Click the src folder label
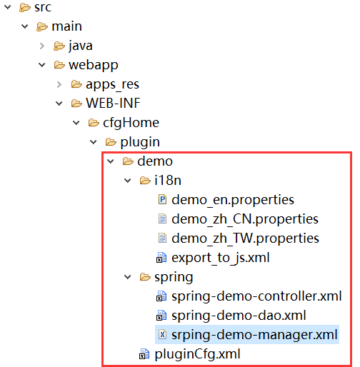coord(43,7)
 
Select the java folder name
coord(81,46)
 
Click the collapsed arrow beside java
coord(42,46)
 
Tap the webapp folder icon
coord(59,65)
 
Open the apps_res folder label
coord(112,84)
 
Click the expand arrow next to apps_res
coord(59,84)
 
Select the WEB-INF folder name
coord(113,104)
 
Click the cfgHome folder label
coord(131,123)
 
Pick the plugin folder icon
coord(111,142)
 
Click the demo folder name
coord(155,161)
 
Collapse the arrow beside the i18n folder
coord(128,181)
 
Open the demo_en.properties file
coord(233,200)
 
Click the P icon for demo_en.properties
coord(162,199)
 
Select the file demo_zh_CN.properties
coord(245,219)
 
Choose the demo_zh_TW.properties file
coord(245,238)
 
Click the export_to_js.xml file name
coord(221,258)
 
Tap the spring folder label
coord(174,278)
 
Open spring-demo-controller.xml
coord(256,296)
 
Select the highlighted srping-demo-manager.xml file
coord(254,335)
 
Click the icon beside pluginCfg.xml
coord(144,354)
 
